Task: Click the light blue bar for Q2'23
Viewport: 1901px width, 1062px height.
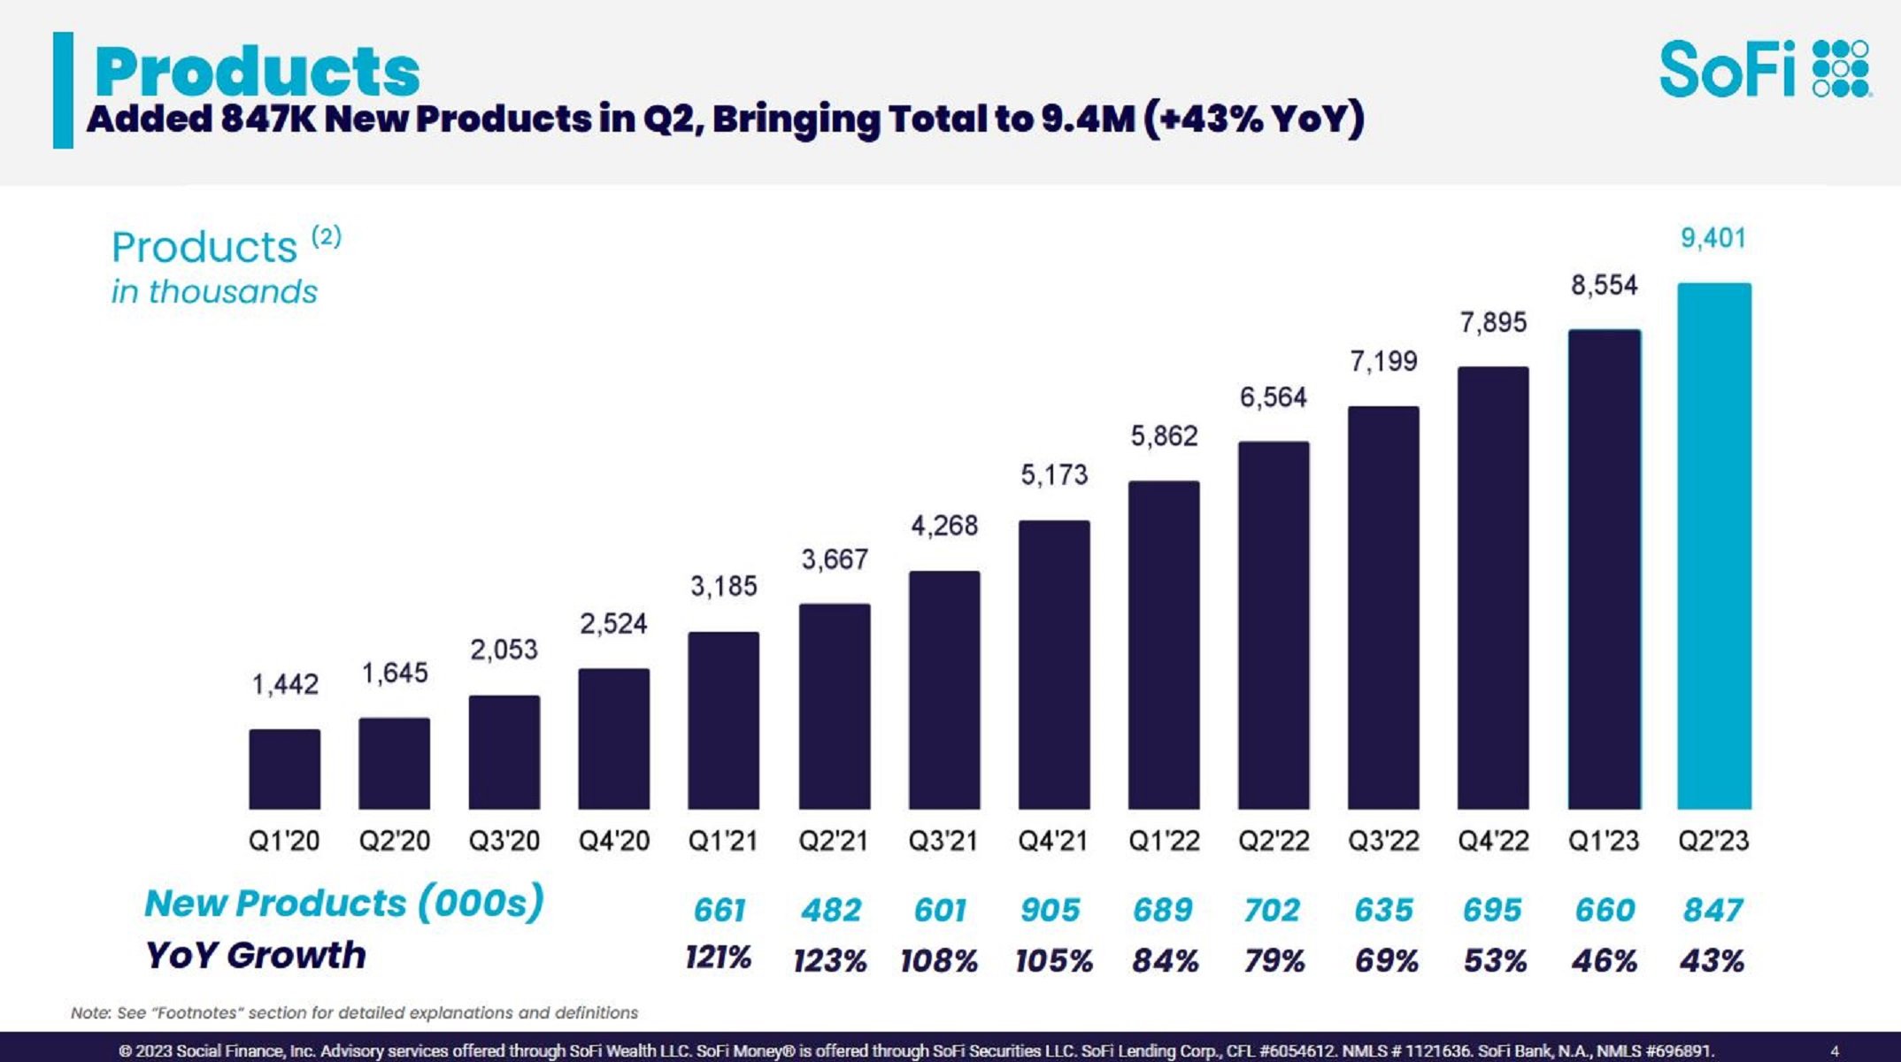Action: click(1713, 546)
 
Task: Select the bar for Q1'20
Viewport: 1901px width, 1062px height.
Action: click(284, 769)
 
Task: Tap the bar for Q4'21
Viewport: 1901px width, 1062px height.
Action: click(1053, 665)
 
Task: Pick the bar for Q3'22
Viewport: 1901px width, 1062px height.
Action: click(1382, 608)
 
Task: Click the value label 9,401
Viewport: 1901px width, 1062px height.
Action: click(1712, 238)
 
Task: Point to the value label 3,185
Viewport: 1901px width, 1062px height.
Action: click(723, 586)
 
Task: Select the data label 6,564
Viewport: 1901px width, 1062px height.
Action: click(1273, 397)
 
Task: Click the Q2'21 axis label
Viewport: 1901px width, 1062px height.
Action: click(833, 840)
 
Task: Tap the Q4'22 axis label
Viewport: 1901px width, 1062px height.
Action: click(1493, 840)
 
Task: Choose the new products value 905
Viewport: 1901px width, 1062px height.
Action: click(1050, 910)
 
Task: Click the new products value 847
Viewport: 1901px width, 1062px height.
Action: click(1712, 910)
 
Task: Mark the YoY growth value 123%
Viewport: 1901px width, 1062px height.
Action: click(829, 960)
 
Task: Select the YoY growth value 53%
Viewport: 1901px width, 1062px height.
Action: click(1495, 960)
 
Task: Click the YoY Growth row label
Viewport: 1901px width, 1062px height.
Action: click(255, 956)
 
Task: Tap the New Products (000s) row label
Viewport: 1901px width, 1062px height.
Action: click(343, 904)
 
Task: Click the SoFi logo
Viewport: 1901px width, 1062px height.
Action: click(1764, 68)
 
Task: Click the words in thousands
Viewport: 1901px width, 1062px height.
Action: click(213, 292)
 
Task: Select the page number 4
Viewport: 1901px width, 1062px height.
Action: click(1834, 1051)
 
